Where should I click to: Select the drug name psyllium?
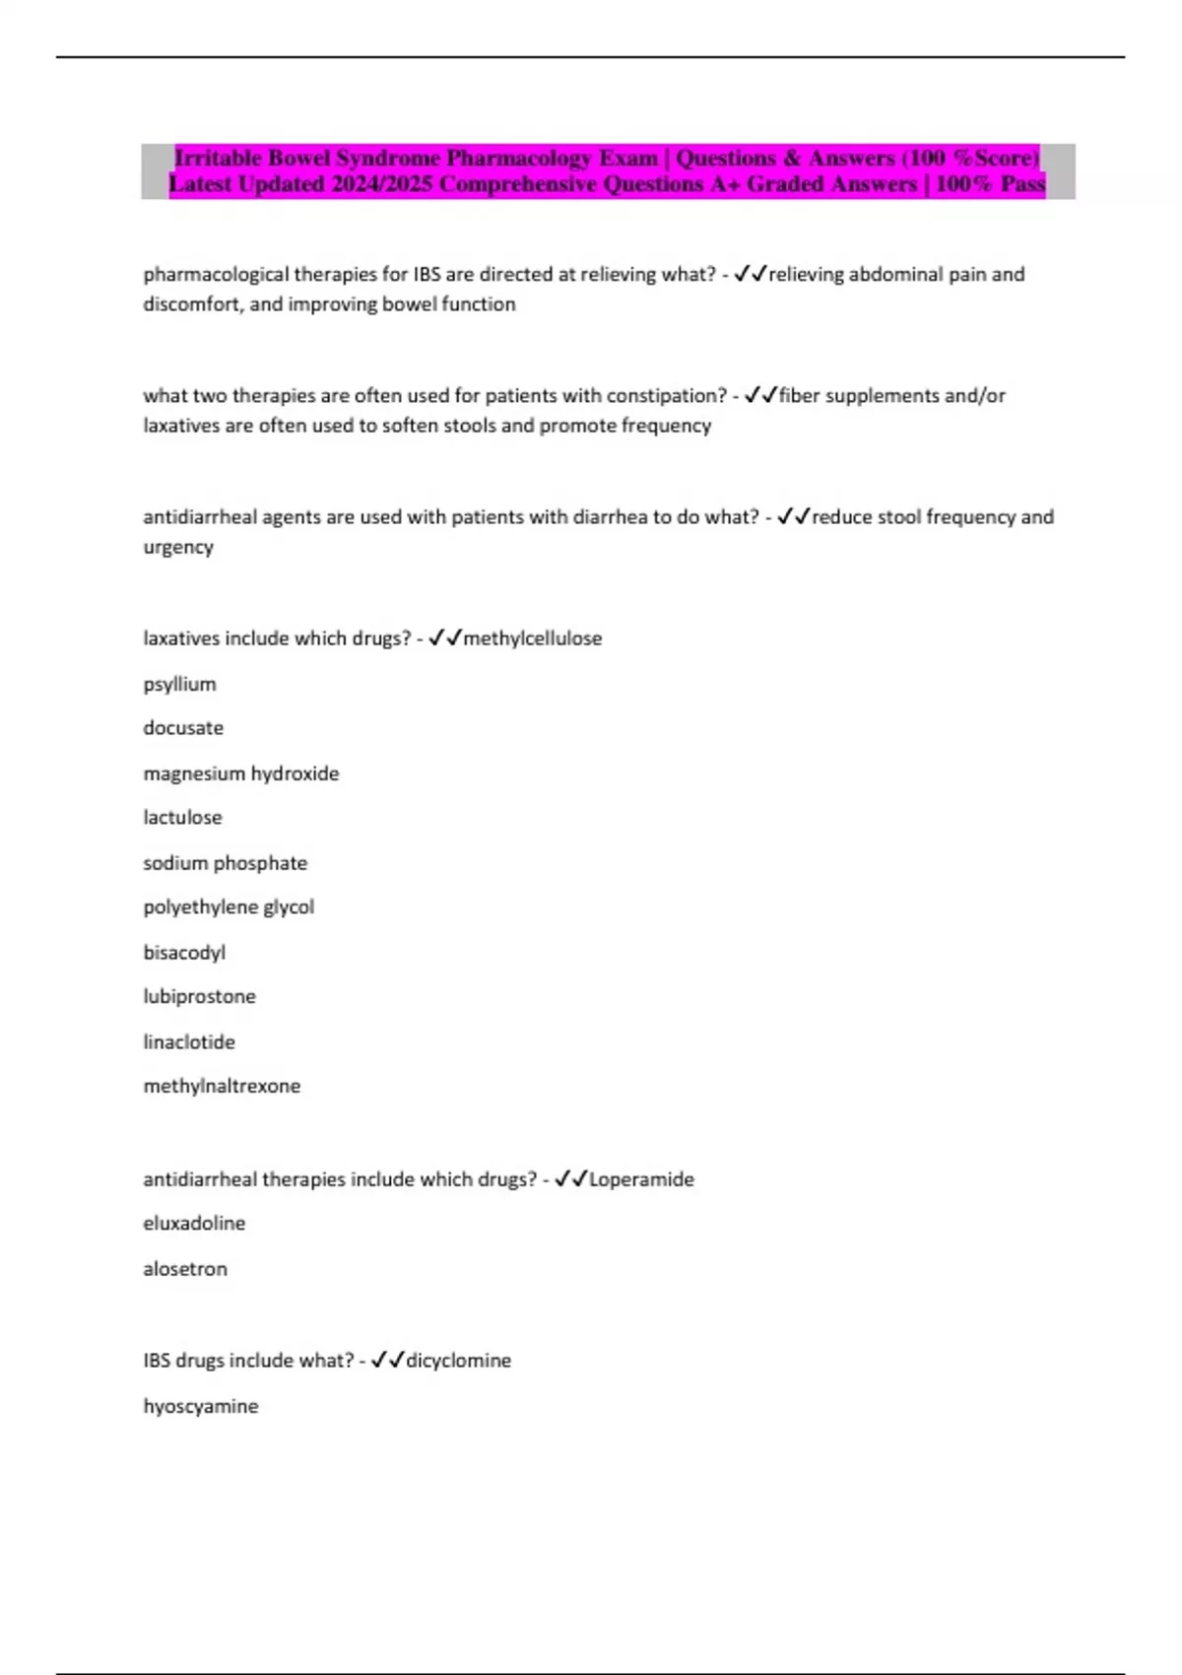point(179,684)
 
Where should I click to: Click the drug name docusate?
point(183,728)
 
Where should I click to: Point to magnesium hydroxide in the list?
point(241,773)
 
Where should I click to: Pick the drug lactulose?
point(182,818)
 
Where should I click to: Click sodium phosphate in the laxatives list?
point(225,863)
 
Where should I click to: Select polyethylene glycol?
point(229,907)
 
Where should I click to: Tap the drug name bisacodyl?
point(184,953)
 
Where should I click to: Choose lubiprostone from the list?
point(199,997)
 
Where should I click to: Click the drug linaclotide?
point(189,1042)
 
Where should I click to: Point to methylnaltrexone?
point(222,1087)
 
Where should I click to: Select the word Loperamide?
point(641,1179)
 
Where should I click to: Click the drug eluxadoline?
point(194,1224)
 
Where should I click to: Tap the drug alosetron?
point(185,1269)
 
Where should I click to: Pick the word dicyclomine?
point(458,1361)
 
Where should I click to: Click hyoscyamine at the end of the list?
point(201,1406)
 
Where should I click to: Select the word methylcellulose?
point(532,638)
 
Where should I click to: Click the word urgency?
point(178,547)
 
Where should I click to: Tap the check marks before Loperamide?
point(570,1179)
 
